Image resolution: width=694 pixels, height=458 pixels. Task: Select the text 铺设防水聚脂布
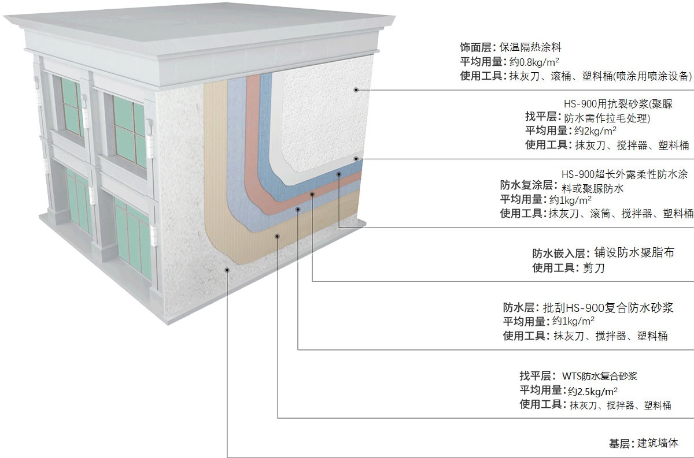point(634,253)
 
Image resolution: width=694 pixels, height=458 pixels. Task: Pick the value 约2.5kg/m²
point(592,390)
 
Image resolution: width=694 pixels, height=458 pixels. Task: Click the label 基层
point(620,444)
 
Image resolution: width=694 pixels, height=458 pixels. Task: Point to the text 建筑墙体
point(657,444)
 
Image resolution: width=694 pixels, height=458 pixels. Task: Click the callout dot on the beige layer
point(278,235)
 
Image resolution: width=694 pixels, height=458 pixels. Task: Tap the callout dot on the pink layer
point(312,194)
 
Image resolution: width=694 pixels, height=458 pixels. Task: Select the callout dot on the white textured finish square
point(356,90)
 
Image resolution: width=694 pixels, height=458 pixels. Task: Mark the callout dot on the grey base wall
point(227,269)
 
